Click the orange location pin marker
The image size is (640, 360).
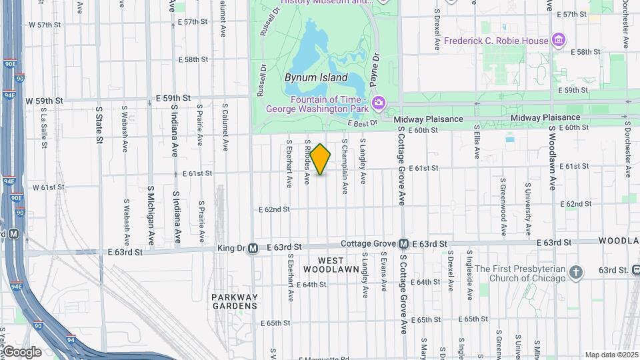(321, 159)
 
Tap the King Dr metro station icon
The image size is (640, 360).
(253, 248)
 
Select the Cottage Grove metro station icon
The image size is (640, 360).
(403, 245)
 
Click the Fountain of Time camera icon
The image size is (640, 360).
(379, 103)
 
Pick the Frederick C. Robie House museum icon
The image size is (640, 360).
(559, 41)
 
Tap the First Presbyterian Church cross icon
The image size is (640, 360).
(577, 272)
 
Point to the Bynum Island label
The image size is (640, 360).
(316, 77)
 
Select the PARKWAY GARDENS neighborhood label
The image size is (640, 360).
(234, 301)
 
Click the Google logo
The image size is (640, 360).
(21, 351)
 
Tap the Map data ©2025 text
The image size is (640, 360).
(611, 355)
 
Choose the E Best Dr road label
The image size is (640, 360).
(363, 122)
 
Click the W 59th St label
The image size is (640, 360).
(45, 101)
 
